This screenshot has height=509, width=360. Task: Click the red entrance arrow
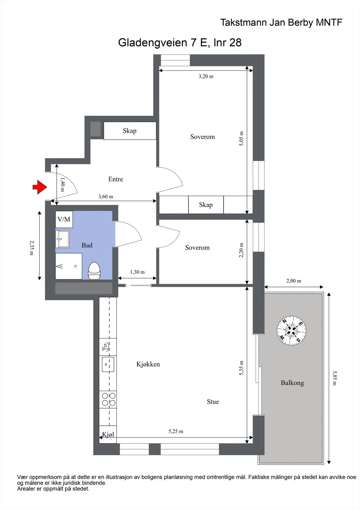(40, 187)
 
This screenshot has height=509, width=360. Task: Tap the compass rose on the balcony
(291, 331)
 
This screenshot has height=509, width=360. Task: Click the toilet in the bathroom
(94, 271)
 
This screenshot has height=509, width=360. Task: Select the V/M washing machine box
(64, 219)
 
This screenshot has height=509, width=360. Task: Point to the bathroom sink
(62, 239)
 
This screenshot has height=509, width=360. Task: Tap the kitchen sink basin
(108, 364)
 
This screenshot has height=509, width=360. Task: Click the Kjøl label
(108, 435)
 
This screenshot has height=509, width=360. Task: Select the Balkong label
(292, 383)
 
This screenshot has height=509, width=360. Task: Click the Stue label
(213, 402)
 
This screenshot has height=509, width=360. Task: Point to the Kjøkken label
(148, 364)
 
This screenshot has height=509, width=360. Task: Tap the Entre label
(116, 179)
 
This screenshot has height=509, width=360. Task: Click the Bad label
(87, 245)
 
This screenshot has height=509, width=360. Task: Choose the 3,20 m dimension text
(206, 76)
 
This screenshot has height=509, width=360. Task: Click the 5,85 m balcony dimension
(335, 378)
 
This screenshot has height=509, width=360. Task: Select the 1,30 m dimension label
(137, 272)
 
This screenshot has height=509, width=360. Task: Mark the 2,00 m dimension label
(293, 281)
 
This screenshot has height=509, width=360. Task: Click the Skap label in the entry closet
(130, 131)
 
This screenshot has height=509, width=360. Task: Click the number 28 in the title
(235, 43)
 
